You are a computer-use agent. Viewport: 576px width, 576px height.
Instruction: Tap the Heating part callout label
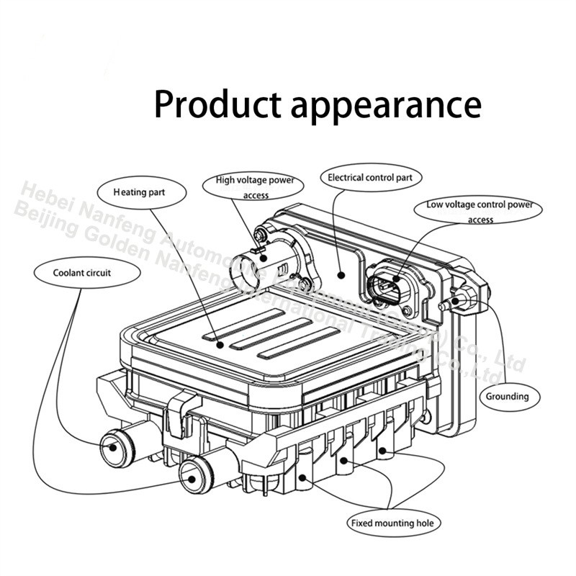coord(142,192)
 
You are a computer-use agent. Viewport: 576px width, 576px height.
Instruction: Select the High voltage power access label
coord(256,187)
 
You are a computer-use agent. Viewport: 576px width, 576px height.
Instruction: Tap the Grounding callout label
coord(506,396)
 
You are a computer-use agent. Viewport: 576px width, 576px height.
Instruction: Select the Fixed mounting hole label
coord(393,523)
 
